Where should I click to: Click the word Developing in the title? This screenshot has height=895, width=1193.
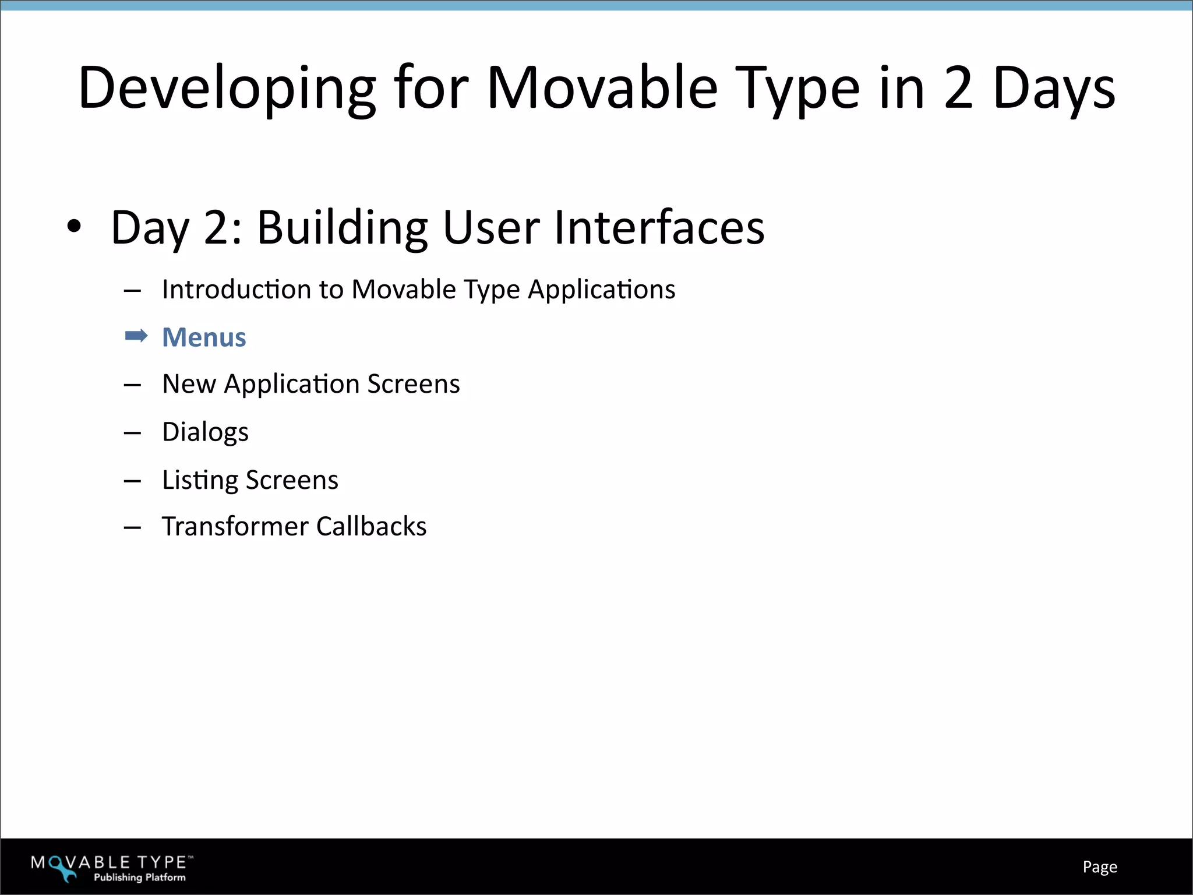pyautogui.click(x=227, y=89)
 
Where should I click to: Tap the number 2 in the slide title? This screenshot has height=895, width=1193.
pyautogui.click(x=958, y=89)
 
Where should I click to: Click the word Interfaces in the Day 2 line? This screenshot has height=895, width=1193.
pyautogui.click(x=659, y=227)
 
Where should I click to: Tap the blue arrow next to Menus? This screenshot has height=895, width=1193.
pyautogui.click(x=136, y=336)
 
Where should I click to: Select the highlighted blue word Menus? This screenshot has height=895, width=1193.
pyautogui.click(x=204, y=337)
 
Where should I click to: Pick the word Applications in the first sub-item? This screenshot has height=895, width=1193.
pyautogui.click(x=601, y=290)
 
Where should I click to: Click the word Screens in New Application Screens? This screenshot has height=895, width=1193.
pyautogui.click(x=413, y=384)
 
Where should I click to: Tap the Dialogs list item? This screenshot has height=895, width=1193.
pyautogui.click(x=205, y=432)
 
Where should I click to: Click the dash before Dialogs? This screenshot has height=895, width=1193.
pyautogui.click(x=132, y=433)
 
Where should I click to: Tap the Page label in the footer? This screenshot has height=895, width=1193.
pyautogui.click(x=1099, y=867)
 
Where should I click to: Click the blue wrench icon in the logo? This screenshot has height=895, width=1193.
pyautogui.click(x=62, y=869)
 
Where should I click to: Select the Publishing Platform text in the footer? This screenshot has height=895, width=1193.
pyautogui.click(x=140, y=878)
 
